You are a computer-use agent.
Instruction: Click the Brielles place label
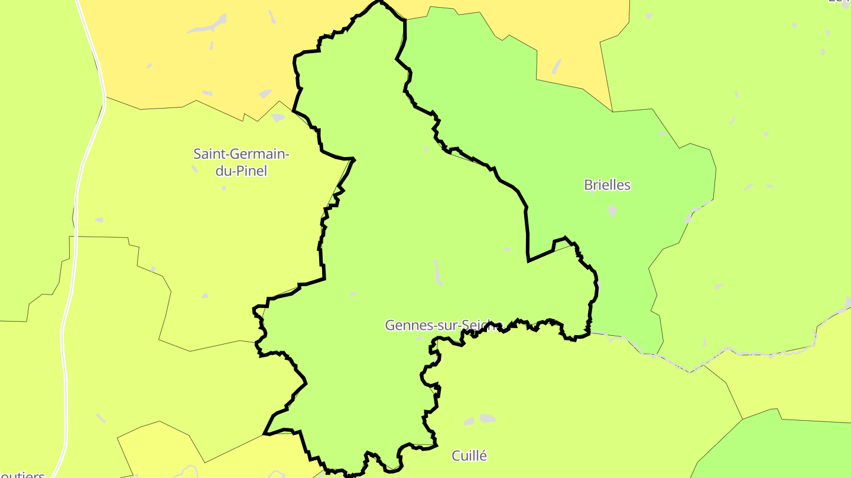coord(607,185)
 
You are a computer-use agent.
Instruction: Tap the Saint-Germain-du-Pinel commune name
coord(241,162)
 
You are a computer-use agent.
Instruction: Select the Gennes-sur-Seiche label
coord(443,325)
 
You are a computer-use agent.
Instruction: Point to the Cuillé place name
coord(469,456)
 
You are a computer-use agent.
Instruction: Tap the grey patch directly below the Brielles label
coord(612,210)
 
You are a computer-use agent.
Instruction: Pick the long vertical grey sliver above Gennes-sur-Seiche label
coord(438,273)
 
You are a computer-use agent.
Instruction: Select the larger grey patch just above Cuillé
coord(487,418)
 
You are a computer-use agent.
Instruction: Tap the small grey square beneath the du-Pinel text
coord(224,188)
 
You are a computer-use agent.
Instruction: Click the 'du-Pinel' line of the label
coord(241,171)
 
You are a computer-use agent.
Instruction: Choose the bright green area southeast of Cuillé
coord(774,448)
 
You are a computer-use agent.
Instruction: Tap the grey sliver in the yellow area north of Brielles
coord(557,66)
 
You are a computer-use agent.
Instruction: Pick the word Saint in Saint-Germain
coord(207,155)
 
